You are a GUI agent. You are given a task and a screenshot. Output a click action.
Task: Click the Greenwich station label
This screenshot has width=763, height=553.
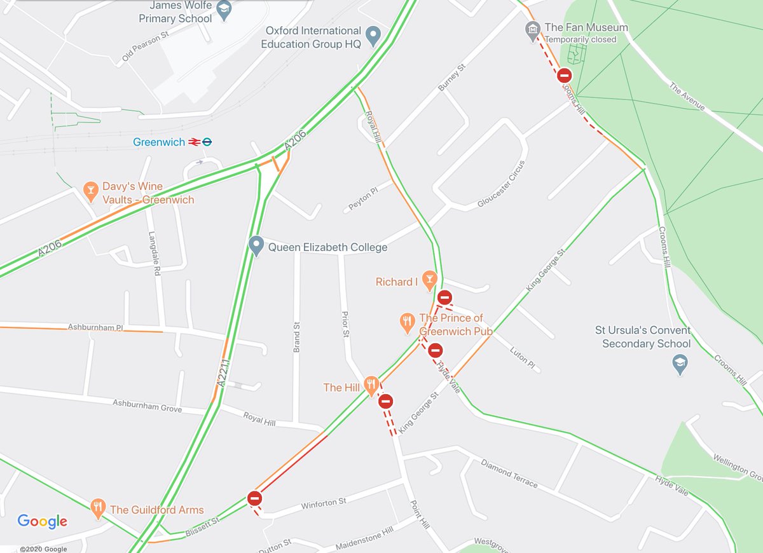(158, 142)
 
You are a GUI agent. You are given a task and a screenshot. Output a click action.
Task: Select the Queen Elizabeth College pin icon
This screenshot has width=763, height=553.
(256, 246)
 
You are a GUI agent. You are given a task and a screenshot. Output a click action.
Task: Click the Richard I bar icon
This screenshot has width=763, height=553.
(430, 281)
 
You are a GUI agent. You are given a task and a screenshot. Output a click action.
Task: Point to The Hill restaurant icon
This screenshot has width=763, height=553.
(371, 385)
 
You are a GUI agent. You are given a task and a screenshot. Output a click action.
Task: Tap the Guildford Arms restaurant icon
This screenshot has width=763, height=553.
(97, 507)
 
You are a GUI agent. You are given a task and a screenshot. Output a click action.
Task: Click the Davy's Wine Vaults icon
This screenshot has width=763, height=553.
(92, 190)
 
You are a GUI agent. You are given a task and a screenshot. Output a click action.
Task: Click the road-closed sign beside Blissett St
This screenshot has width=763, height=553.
(254, 498)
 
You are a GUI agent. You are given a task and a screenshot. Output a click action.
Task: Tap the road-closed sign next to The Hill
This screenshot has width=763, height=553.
(385, 401)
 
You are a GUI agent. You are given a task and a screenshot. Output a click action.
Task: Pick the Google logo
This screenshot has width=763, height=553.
(42, 522)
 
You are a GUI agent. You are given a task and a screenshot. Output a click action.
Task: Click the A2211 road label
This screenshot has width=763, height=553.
(223, 375)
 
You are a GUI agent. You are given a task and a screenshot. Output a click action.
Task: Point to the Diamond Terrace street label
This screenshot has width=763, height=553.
(509, 474)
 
